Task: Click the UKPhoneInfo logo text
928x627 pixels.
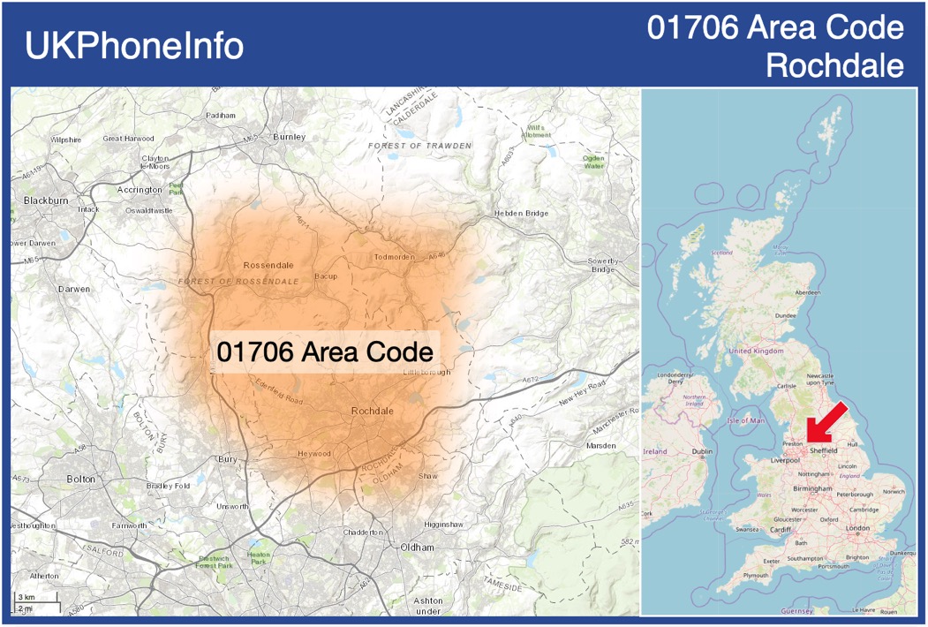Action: (134, 46)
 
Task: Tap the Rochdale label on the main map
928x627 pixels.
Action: (373, 412)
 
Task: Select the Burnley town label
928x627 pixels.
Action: (289, 137)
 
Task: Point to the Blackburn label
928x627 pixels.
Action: (46, 200)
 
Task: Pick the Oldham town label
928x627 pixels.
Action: (417, 548)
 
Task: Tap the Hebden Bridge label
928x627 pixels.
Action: (522, 214)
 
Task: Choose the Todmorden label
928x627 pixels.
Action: (394, 257)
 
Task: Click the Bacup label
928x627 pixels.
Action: (326, 276)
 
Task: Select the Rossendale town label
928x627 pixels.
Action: (268, 265)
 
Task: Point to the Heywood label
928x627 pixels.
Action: (314, 454)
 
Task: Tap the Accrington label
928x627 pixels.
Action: (140, 190)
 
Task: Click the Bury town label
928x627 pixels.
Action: (228, 459)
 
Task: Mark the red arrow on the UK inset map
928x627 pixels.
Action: (827, 424)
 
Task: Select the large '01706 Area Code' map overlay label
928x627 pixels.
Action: (325, 352)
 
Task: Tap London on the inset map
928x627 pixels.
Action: (857, 528)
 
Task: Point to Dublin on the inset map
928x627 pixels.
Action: (702, 452)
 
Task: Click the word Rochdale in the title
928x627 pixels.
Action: (834, 65)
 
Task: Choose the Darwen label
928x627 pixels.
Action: (73, 289)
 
